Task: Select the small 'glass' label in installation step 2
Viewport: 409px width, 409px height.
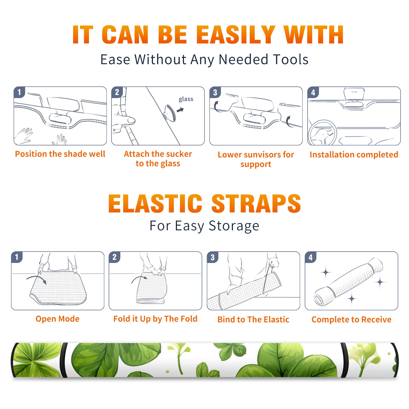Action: pos(186,99)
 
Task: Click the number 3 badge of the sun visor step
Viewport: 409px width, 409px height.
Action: pos(215,92)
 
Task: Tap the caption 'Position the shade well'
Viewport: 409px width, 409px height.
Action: pos(60,154)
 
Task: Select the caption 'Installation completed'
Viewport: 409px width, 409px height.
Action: pos(354,154)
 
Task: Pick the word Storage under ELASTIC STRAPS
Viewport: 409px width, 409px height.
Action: pos(234,226)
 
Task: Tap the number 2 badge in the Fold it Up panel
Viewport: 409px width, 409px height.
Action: pos(115,257)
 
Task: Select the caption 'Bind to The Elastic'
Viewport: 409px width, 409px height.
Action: pos(253,319)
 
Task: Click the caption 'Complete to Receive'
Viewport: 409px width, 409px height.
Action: pos(351,319)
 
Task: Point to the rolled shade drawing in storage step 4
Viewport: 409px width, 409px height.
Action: pos(348,281)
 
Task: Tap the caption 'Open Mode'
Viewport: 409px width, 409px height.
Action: pos(58,319)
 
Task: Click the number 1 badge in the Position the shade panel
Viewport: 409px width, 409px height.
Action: pos(19,92)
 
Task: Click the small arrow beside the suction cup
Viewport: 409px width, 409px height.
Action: pos(180,110)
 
